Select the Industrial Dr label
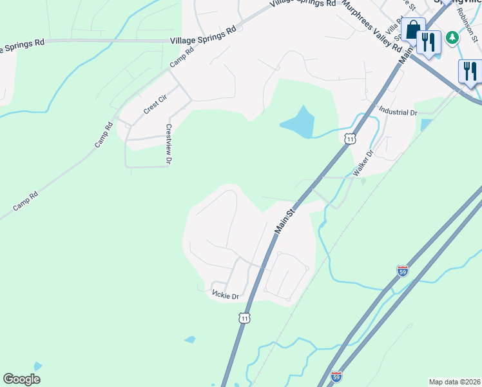click(398, 112)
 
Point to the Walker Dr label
click(363, 164)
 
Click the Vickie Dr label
click(226, 295)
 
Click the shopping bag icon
click(412, 29)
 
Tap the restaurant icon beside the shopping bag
click(429, 42)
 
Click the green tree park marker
click(453, 37)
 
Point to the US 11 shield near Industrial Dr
click(350, 139)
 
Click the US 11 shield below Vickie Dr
click(243, 317)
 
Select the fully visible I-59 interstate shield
click(403, 272)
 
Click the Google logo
click(22, 379)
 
